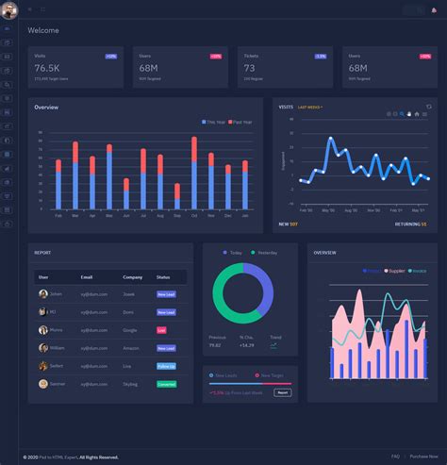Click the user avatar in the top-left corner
click(x=8, y=9)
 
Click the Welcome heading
click(x=43, y=30)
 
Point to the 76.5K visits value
click(x=47, y=68)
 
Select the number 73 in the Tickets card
click(x=250, y=68)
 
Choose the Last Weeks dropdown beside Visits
click(x=310, y=108)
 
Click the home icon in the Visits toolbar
click(x=416, y=114)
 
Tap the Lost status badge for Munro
click(x=161, y=330)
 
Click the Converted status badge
click(x=166, y=384)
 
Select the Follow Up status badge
click(x=166, y=366)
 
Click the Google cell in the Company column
click(x=130, y=330)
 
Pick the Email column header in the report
click(x=87, y=277)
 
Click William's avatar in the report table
click(x=43, y=348)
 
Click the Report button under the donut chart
click(x=282, y=391)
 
